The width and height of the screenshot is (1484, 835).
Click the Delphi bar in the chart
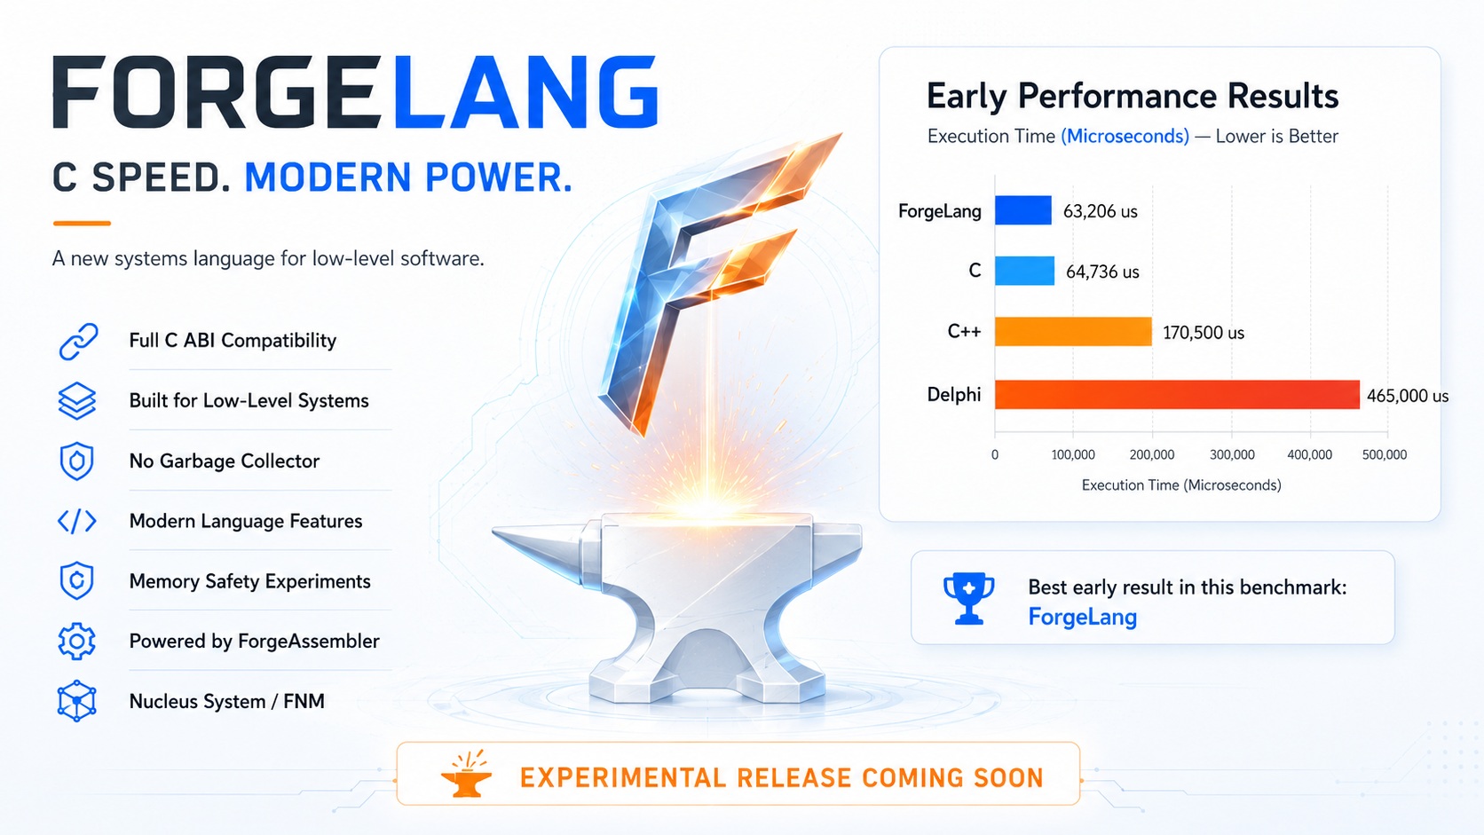(1177, 395)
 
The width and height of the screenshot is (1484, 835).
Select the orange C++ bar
(1073, 332)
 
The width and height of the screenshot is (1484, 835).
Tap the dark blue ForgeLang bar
(1022, 210)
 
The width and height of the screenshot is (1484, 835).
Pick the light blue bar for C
(1024, 271)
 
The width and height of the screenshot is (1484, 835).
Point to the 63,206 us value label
(1100, 211)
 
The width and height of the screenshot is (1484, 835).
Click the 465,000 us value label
(1407, 396)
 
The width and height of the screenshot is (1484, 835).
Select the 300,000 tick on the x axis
(1232, 455)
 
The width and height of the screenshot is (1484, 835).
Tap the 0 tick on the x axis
(994, 455)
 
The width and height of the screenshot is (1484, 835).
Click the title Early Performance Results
(1133, 96)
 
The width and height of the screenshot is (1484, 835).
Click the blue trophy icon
(968, 598)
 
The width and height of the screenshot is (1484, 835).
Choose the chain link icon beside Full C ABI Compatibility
(78, 342)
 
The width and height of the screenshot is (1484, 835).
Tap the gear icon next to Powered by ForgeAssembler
(77, 641)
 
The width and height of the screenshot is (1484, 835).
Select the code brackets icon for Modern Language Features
(77, 521)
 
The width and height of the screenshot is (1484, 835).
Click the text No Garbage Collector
(224, 461)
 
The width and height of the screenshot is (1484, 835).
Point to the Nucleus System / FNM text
(226, 701)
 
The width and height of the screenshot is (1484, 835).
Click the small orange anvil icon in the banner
(466, 774)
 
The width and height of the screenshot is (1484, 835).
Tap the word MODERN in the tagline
(328, 177)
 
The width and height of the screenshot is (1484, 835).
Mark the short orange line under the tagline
(82, 223)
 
